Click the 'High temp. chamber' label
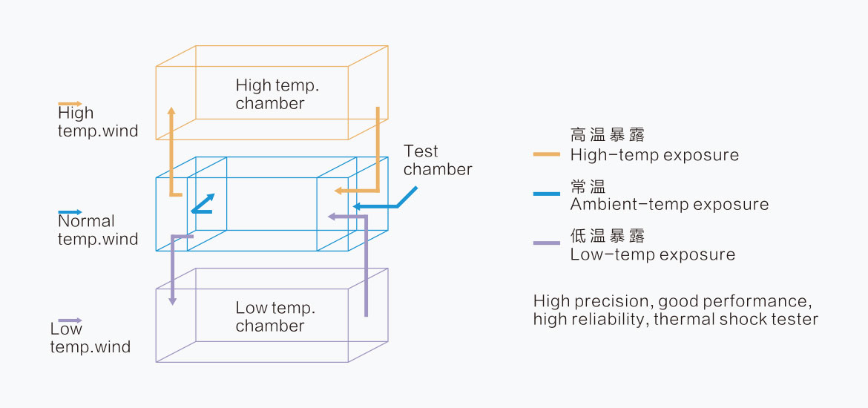pos(282,94)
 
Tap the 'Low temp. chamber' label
pos(275,317)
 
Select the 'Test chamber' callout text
pos(437,160)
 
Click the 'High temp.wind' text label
pos(97,122)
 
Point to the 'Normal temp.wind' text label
pos(97,230)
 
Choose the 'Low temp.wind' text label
pos(90,338)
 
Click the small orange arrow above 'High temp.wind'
pos(70,104)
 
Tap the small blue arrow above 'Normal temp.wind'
pos(70,212)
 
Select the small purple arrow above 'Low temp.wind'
pos(70,320)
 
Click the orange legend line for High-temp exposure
pos(546,154)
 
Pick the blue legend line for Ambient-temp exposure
pos(546,194)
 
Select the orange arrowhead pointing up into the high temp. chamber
pos(171,111)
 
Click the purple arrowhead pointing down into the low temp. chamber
pos(172,300)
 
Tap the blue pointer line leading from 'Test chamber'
pos(407,197)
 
